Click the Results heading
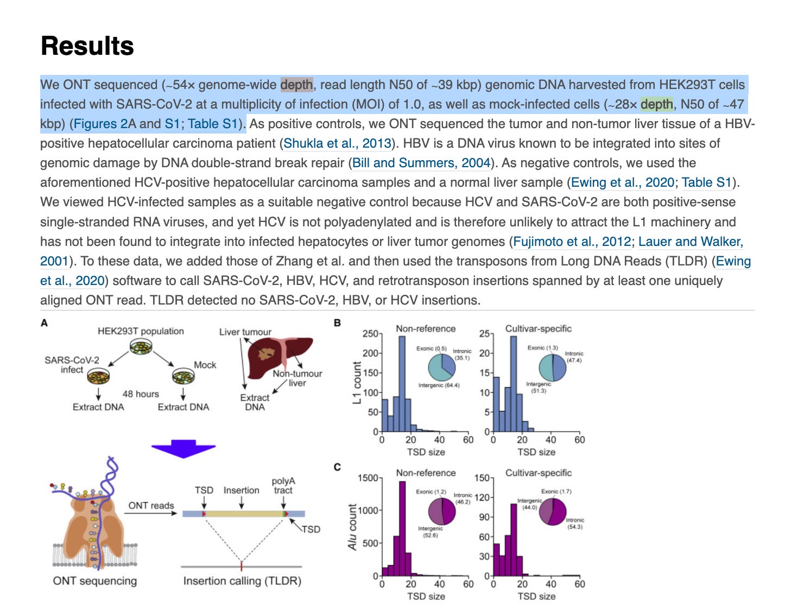(87, 46)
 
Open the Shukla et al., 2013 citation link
(337, 143)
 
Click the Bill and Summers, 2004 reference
(421, 163)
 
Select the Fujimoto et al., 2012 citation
(572, 242)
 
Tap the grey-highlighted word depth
(296, 85)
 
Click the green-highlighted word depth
(657, 104)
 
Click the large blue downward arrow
(183, 449)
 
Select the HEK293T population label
(141, 331)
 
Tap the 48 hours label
(141, 394)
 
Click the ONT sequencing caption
(95, 581)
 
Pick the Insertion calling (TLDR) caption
(242, 581)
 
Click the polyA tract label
(283, 485)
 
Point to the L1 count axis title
(357, 382)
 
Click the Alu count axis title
(353, 527)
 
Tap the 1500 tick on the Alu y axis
(368, 478)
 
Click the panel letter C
(337, 467)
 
